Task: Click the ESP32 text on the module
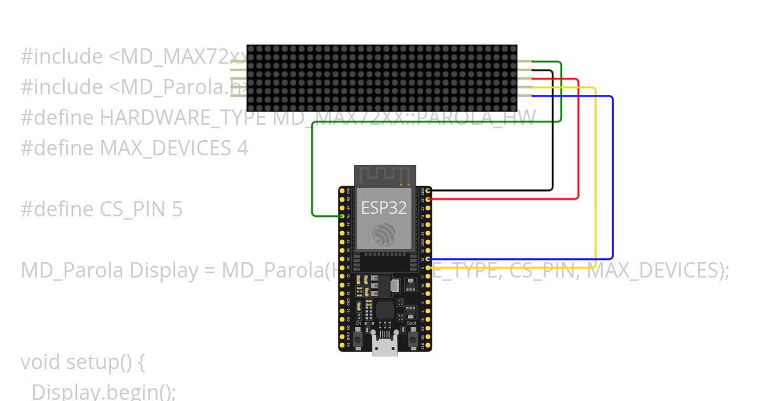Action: point(384,208)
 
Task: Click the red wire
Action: point(578,140)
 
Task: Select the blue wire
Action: point(612,178)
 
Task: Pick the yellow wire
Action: point(595,178)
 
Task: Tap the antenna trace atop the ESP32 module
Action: point(385,175)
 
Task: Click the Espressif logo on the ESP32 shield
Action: point(384,236)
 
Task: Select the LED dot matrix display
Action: point(381,78)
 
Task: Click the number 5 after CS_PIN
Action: point(177,209)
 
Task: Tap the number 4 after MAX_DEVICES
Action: point(243,148)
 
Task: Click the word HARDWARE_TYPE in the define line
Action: point(183,118)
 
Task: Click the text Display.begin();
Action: point(103,391)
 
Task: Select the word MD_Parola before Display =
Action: point(72,271)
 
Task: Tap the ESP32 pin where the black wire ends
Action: point(428,190)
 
